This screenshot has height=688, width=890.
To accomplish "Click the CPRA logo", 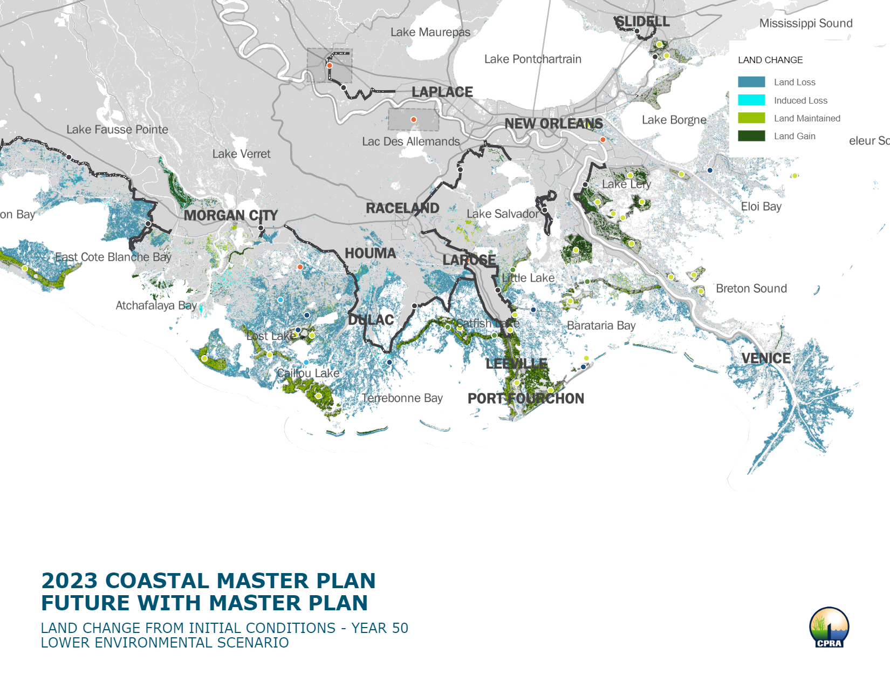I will pos(829,627).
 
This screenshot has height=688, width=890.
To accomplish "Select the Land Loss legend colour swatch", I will pos(751,82).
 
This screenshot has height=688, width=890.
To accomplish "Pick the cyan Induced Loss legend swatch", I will pos(751,100).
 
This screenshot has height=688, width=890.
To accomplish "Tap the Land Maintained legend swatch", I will pos(751,118).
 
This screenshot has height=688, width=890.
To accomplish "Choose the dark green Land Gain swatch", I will pos(751,136).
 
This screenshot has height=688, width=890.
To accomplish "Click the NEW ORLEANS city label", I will pos(553,124).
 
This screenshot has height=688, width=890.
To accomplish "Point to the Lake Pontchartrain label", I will pos(532,59).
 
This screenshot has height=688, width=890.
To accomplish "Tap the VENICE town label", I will pos(765,358).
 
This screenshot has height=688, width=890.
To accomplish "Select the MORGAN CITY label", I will pos(230,215).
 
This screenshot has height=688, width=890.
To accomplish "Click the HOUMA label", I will pos(370,253).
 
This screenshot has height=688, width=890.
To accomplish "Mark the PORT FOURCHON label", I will pos(525,398).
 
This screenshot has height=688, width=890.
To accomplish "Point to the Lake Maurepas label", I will pos(430,32).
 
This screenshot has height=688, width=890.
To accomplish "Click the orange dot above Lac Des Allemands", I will pos(414,119).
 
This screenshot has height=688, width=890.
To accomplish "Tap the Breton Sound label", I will pos(751,288).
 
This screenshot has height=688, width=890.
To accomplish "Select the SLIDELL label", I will pos(642,22).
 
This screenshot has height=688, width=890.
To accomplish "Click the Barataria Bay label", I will pos(601,325).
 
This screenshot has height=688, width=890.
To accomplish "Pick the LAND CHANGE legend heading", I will pos(770,60).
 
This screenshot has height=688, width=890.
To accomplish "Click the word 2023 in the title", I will pos(69,581).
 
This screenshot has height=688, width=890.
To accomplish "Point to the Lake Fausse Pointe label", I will pos(117,130).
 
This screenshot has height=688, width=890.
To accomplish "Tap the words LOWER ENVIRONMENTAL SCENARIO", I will pos(165,643).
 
